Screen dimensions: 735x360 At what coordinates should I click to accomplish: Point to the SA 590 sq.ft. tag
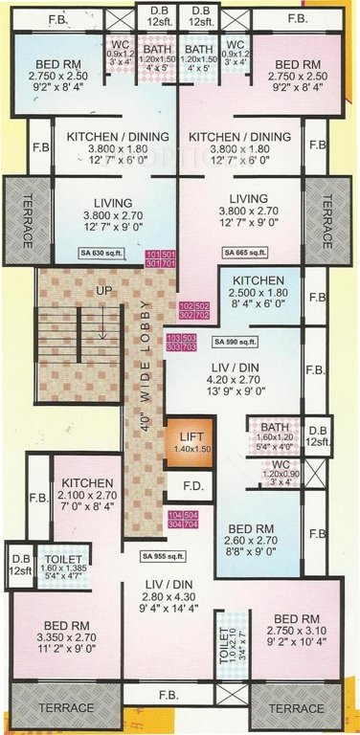[x=233, y=342]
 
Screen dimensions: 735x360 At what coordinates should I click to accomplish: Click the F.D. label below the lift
[x=192, y=485]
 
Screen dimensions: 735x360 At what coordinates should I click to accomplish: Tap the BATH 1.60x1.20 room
[x=270, y=435]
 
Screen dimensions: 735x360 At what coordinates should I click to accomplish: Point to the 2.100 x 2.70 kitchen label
[x=87, y=498]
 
